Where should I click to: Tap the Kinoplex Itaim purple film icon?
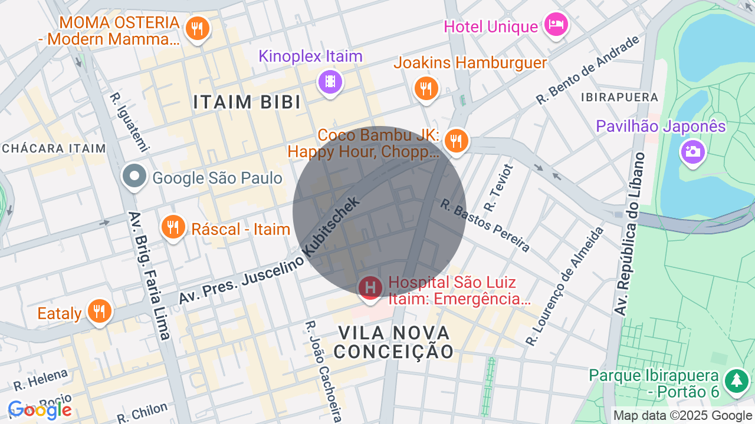(330, 81)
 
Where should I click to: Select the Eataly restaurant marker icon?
(99, 311)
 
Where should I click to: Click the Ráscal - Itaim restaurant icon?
(173, 227)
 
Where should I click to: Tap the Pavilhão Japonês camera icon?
(692, 151)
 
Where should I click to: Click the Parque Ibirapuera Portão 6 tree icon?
(736, 381)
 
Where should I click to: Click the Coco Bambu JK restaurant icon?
(456, 141)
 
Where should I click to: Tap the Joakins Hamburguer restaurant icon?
(425, 89)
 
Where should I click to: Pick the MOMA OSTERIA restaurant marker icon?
(197, 28)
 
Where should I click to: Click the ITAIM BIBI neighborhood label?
(247, 102)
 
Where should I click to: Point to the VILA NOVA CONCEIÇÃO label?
(394, 342)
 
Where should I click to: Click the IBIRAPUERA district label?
(619, 97)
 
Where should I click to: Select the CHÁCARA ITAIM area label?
(54, 148)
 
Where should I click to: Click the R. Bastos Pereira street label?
(485, 226)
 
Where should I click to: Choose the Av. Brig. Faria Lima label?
(149, 275)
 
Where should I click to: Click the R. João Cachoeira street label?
(323, 371)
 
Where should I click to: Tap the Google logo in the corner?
(40, 410)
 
